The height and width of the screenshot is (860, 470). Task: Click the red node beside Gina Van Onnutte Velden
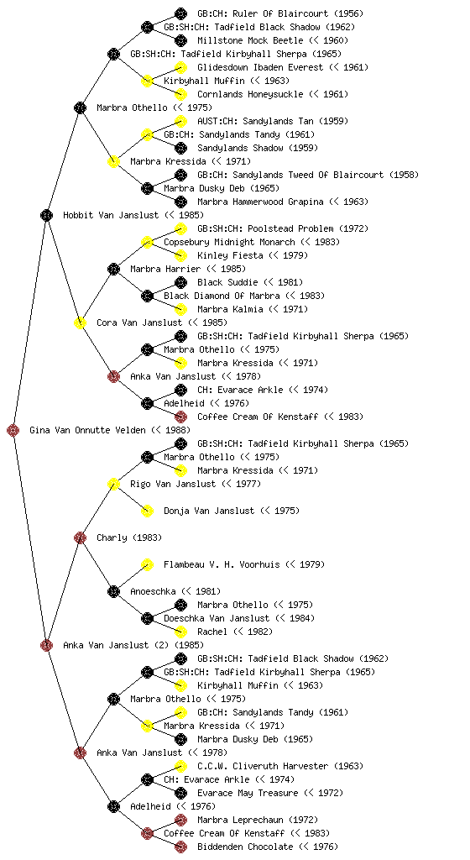click(13, 431)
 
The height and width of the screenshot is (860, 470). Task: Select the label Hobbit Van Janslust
click(111, 216)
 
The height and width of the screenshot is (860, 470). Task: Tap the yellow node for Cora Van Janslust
click(80, 323)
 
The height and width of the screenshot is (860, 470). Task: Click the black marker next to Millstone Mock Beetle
click(180, 40)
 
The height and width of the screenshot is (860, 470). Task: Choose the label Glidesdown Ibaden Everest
click(260, 67)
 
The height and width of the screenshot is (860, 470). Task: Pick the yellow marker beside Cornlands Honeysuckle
click(180, 94)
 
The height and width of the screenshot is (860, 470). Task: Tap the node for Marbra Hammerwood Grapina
click(180, 202)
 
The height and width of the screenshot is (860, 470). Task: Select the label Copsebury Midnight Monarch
click(229, 243)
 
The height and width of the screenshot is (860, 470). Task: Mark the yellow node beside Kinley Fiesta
click(180, 255)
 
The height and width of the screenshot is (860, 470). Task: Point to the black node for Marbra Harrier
click(113, 270)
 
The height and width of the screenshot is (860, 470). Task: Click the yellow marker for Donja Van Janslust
click(148, 511)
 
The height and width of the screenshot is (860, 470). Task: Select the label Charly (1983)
click(129, 538)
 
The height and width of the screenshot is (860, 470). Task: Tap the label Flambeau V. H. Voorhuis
click(222, 565)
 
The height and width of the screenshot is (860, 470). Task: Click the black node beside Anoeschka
click(113, 592)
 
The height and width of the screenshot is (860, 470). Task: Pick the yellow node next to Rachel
click(180, 632)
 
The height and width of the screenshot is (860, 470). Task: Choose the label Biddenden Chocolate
click(245, 847)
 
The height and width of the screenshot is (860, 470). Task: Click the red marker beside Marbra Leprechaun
click(180, 820)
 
